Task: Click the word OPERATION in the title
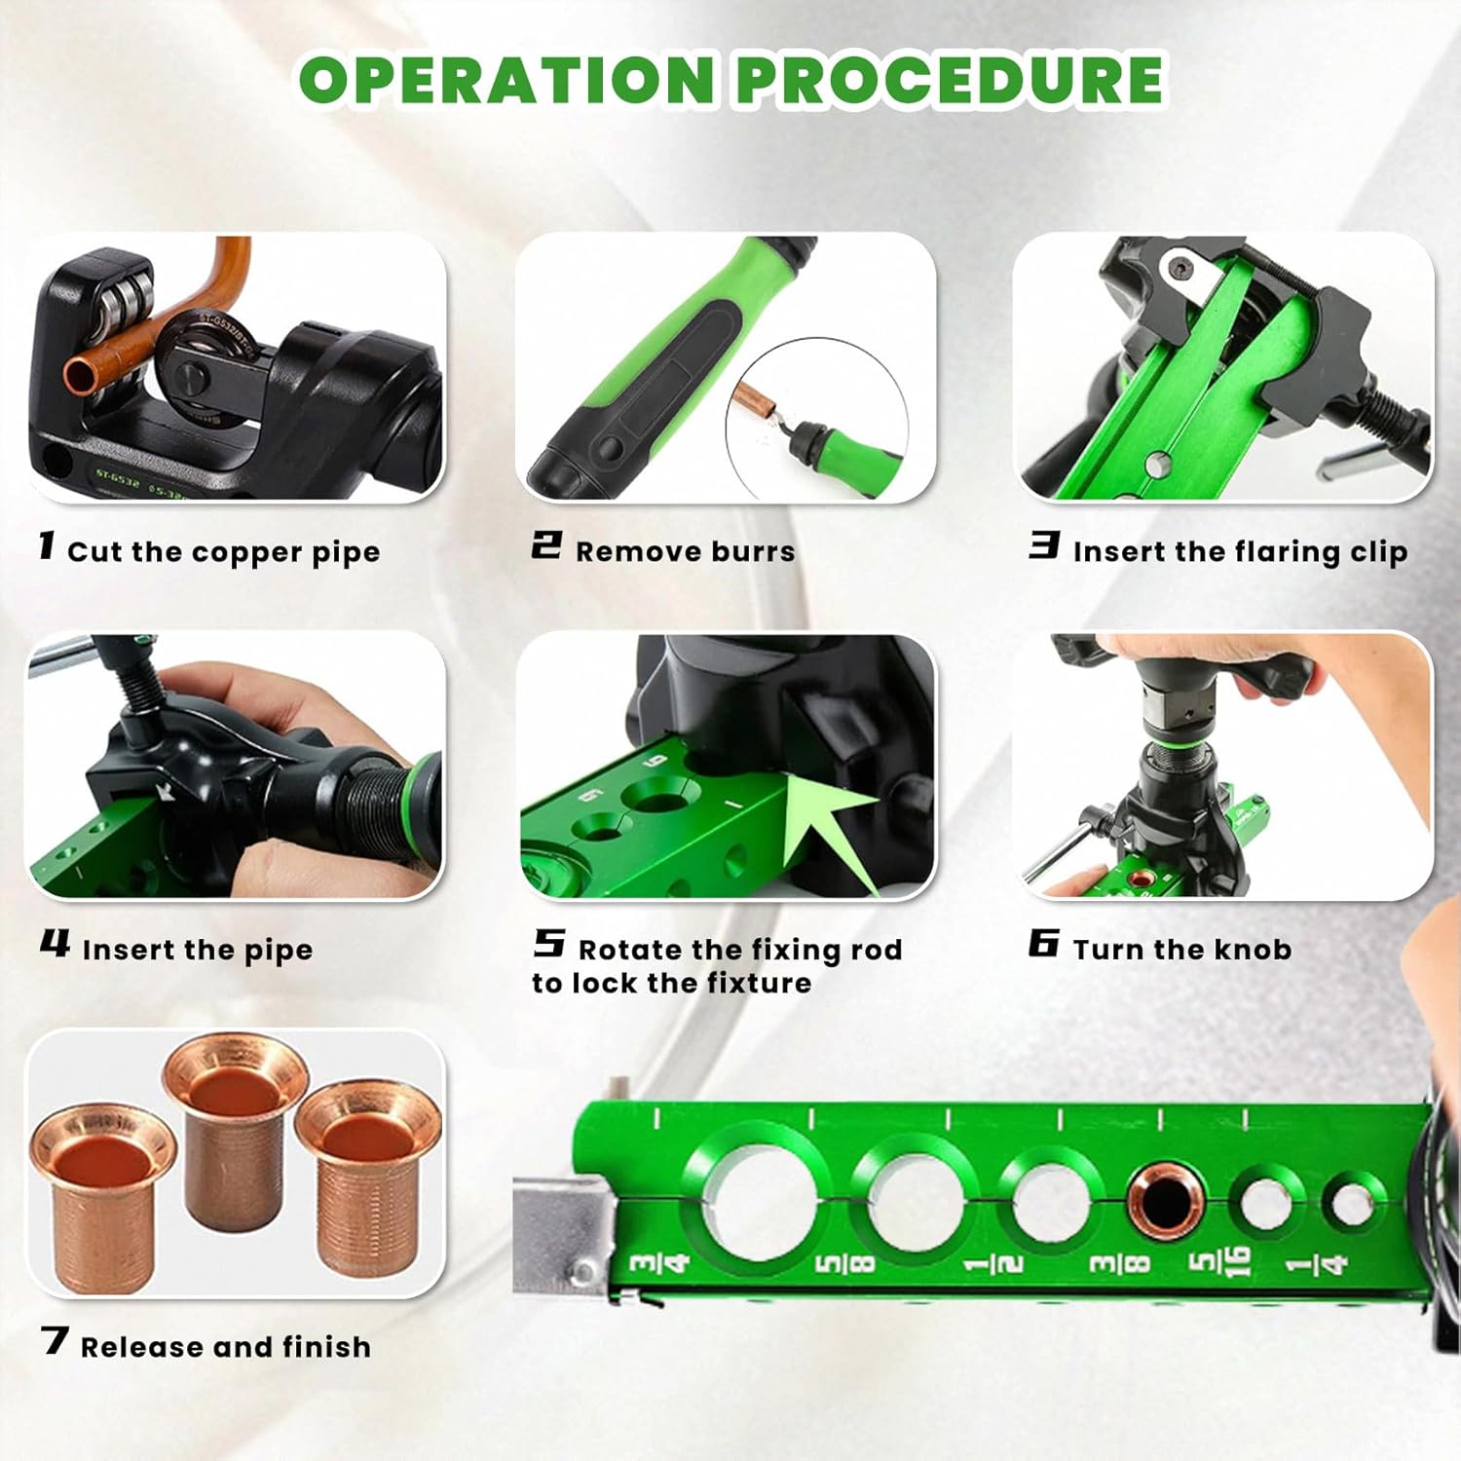click(x=507, y=80)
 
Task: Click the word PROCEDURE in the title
click(x=950, y=80)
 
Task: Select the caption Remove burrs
click(x=685, y=552)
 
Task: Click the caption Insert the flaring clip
click(x=1239, y=552)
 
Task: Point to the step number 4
click(x=55, y=944)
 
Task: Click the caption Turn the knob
click(x=1181, y=950)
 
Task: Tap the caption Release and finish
click(x=225, y=1347)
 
